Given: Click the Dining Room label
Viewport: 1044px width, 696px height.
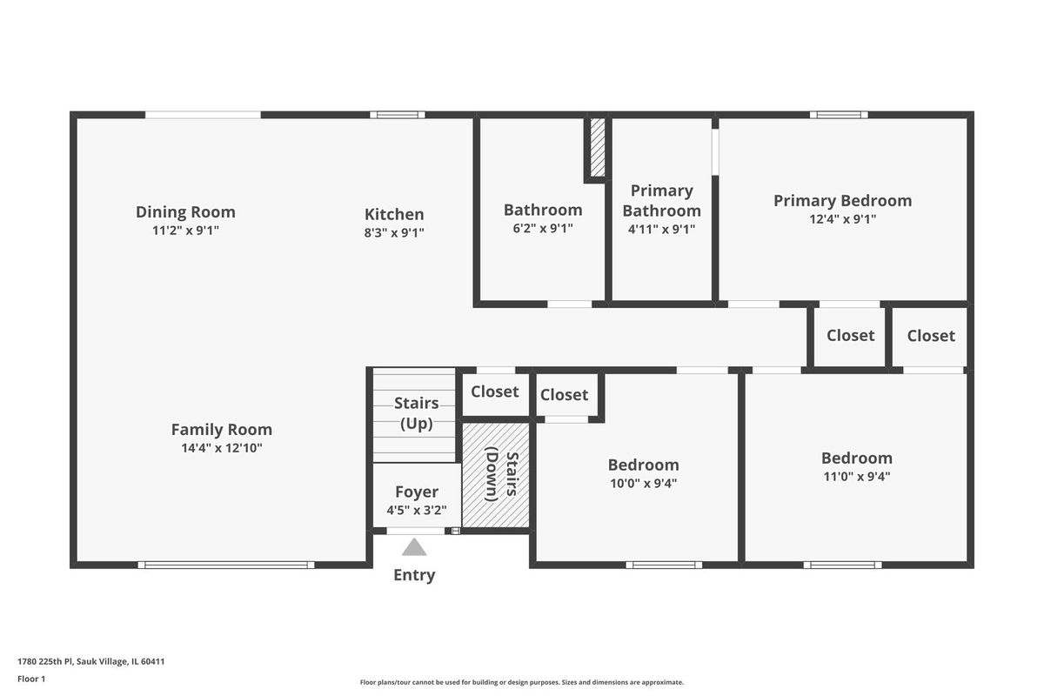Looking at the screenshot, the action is (x=185, y=212).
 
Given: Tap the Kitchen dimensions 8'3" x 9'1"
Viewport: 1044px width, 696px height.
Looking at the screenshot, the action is (x=394, y=232).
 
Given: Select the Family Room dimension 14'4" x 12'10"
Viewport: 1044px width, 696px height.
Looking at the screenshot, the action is (x=222, y=448).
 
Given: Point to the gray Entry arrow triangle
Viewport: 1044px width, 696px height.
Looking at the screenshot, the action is (x=414, y=547).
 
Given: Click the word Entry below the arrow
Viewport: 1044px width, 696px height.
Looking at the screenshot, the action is (x=414, y=575).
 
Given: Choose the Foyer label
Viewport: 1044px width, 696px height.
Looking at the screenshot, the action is (x=417, y=492).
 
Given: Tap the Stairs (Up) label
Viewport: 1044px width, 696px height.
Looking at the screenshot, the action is (x=417, y=413).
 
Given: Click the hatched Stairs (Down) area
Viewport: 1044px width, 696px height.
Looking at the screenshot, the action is (x=496, y=475).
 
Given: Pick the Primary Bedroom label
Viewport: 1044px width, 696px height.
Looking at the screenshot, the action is (x=843, y=200).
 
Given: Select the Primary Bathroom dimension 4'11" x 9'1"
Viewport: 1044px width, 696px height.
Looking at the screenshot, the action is (x=661, y=230).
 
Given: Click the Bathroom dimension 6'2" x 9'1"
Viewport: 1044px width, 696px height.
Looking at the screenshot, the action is (x=543, y=229).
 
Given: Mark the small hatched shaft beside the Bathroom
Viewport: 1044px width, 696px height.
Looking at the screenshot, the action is (x=598, y=147).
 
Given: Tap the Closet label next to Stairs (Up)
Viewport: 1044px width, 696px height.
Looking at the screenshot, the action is (x=494, y=391).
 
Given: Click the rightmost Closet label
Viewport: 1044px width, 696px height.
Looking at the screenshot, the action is (x=931, y=336).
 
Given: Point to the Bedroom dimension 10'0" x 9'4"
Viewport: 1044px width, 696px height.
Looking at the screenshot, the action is (x=643, y=484).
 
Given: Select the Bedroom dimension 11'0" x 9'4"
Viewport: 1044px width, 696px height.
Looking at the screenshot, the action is (x=857, y=477).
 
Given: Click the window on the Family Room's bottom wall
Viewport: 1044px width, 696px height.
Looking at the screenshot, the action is (x=226, y=565).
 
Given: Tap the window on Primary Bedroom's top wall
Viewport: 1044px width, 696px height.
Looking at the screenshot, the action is (x=839, y=115).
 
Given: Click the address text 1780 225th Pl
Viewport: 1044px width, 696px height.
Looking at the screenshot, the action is (x=45, y=661).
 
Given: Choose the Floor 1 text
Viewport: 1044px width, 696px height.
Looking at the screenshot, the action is (x=31, y=679).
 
